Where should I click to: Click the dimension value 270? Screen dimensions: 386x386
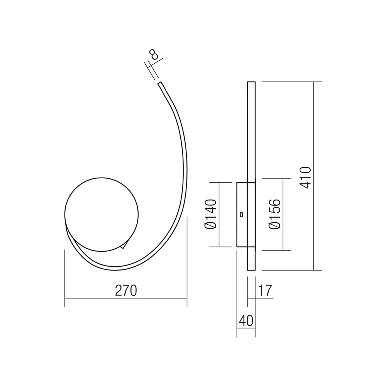point(126,291)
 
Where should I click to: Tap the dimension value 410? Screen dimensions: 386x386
point(306,178)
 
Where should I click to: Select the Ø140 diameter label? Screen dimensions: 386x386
point(211,214)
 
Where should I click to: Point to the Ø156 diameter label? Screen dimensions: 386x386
point(275,214)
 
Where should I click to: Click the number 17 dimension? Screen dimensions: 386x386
point(265,291)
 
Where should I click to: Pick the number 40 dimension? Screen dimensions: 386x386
point(246,321)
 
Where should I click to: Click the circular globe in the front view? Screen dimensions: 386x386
point(102,215)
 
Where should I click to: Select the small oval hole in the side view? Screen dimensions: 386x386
point(242,215)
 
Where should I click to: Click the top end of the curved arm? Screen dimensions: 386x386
point(159,83)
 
